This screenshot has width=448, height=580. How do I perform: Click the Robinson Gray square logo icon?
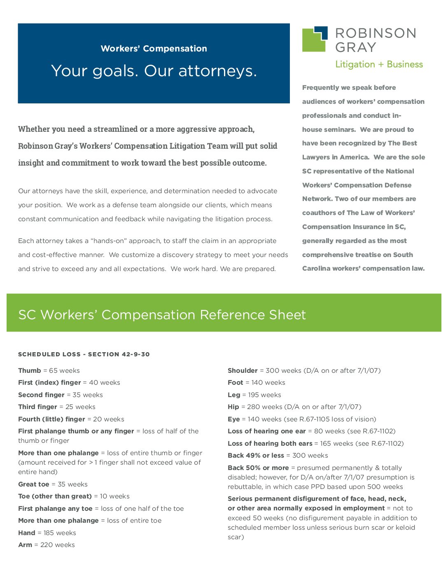315,40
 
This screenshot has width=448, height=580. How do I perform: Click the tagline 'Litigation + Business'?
379,64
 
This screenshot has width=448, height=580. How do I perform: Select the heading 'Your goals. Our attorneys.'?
154,71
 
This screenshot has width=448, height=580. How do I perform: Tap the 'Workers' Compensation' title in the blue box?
154,49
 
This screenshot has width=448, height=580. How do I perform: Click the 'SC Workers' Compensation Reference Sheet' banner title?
162,315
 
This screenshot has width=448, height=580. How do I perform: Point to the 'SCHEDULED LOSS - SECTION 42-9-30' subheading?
84,354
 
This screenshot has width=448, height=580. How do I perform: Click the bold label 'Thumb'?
30,371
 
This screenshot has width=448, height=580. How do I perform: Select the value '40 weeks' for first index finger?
105,383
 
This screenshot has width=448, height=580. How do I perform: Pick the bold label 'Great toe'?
34,484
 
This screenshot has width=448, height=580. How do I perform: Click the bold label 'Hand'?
27,533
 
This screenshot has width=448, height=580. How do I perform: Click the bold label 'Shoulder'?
243,371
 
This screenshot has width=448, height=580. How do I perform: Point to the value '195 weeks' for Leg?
265,395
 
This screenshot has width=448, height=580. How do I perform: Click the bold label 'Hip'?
233,407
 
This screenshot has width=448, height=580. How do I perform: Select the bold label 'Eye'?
233,419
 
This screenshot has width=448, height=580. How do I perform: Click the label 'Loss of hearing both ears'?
270,444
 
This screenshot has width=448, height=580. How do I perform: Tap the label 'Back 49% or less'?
256,456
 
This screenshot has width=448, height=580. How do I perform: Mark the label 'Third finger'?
37,407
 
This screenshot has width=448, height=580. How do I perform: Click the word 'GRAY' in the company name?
356,47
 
